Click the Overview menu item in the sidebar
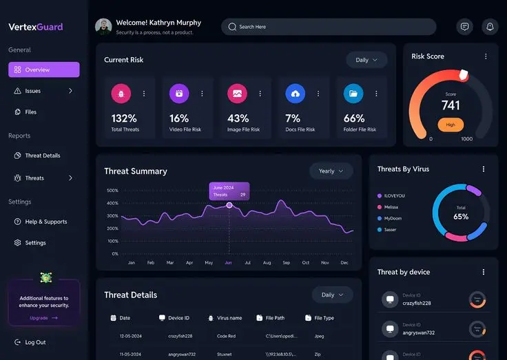(43, 70)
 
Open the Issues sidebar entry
(33, 91)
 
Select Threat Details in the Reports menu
(42, 156)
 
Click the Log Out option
(35, 342)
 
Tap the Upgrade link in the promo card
(43, 318)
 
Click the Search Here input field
(329, 27)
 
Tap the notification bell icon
(490, 27)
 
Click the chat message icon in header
(465, 27)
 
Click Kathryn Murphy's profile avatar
(103, 27)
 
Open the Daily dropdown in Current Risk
(366, 60)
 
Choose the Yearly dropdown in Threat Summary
(331, 171)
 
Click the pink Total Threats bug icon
(121, 93)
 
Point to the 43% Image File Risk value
(238, 118)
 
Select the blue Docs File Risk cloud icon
(295, 93)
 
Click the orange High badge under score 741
(451, 125)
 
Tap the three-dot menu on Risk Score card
(486, 56)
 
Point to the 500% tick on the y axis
(112, 191)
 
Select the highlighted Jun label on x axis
(229, 263)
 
